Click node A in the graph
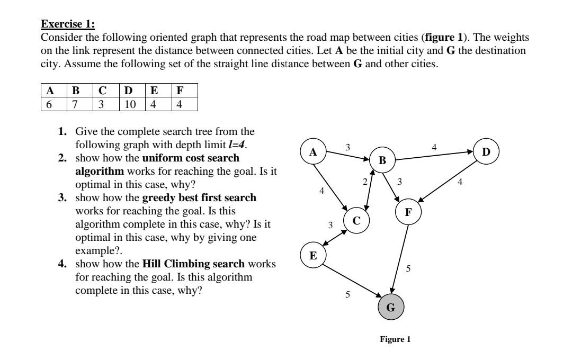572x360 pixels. coord(313,152)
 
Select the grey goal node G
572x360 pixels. coord(391,307)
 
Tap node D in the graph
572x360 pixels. coord(487,152)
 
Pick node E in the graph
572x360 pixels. coord(313,256)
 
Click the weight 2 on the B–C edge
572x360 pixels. coord(364,182)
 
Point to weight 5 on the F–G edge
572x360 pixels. coord(408,269)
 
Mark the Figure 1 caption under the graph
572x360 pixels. coord(395,339)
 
